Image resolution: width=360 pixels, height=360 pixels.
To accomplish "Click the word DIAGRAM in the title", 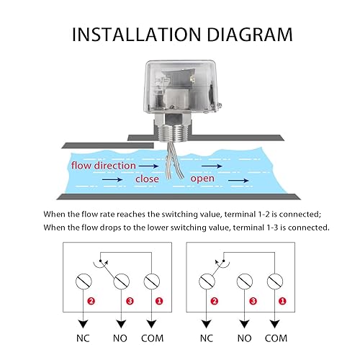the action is (250, 35).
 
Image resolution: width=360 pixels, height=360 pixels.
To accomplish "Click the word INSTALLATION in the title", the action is (136, 35).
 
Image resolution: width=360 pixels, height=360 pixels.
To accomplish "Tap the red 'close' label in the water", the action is (147, 179).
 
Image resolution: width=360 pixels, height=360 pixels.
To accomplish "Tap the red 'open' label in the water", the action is (202, 179).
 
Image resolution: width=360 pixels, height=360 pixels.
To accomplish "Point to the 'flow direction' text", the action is (104, 166).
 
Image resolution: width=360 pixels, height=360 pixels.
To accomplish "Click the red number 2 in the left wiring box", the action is (91, 301).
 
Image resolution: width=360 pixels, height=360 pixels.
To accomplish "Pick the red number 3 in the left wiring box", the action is (130, 301).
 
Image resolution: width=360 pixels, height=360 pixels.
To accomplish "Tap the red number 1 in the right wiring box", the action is (282, 301).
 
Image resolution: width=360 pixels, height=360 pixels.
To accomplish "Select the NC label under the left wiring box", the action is (83, 338).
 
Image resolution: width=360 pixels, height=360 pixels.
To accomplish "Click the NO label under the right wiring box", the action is (244, 338).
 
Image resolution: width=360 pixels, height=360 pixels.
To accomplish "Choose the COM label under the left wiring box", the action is (152, 338).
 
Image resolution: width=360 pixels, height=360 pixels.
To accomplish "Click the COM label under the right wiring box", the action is (276, 338).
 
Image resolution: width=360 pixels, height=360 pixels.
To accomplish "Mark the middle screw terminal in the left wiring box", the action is (122, 282).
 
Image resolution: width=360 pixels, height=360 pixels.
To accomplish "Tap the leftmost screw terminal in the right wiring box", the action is (207, 282).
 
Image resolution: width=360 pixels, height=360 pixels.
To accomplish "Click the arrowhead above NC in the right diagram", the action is (207, 324).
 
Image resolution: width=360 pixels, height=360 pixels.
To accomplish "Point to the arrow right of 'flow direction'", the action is (148, 166).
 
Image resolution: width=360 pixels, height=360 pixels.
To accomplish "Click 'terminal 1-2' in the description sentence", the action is (247, 214).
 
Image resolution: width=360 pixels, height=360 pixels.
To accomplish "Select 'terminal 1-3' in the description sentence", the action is (256, 228).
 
